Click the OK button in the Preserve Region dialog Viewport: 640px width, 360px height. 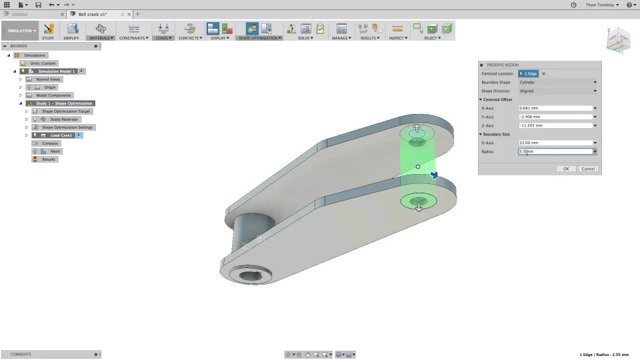point(566,169)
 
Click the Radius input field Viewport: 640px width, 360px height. point(555,152)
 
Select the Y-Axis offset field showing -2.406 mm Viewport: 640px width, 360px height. point(555,117)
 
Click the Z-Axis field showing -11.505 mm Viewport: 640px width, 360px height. point(555,125)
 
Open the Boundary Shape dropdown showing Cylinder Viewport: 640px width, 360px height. point(557,82)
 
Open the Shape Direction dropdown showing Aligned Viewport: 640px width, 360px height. point(557,91)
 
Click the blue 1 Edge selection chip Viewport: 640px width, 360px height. point(529,73)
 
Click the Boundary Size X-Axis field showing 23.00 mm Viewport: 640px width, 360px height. point(555,143)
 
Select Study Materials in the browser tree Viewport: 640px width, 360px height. point(64,119)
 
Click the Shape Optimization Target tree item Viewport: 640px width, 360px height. point(65,111)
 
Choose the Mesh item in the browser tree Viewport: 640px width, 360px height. point(55,151)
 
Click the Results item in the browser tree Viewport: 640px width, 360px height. point(49,159)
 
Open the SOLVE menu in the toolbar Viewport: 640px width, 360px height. point(305,38)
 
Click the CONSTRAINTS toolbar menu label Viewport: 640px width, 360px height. point(133,38)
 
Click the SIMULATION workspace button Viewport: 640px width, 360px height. point(21,31)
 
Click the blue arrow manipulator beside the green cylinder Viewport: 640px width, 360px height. point(435,175)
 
